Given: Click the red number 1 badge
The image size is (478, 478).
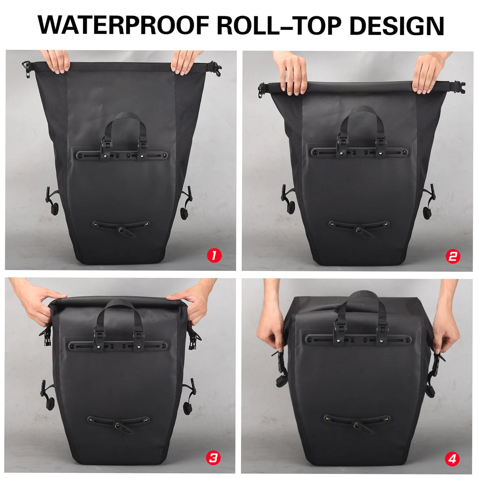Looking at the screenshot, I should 215,255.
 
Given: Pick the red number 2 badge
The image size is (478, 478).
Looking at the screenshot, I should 453,256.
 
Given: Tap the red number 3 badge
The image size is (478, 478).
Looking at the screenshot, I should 213,458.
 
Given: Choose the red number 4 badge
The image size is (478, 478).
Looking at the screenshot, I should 452,459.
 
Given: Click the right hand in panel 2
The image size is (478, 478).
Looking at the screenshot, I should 428,72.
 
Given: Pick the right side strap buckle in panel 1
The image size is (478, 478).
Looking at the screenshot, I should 185,203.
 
